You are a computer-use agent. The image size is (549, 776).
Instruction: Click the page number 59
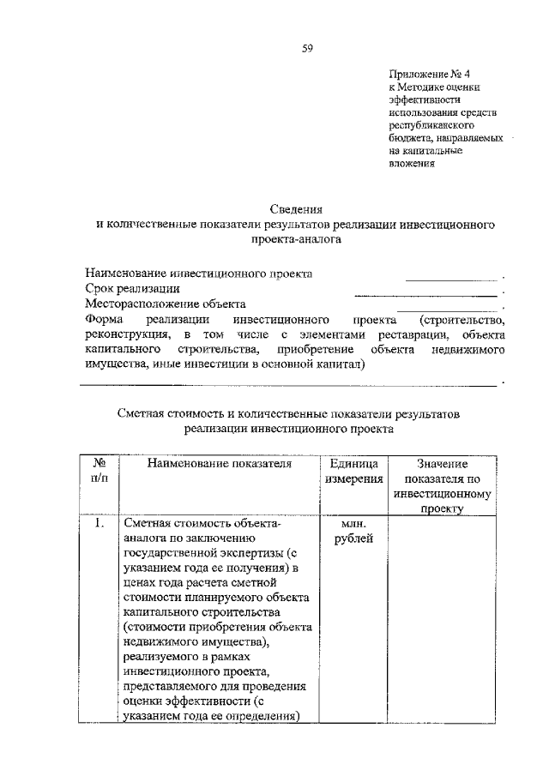[x=306, y=49]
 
